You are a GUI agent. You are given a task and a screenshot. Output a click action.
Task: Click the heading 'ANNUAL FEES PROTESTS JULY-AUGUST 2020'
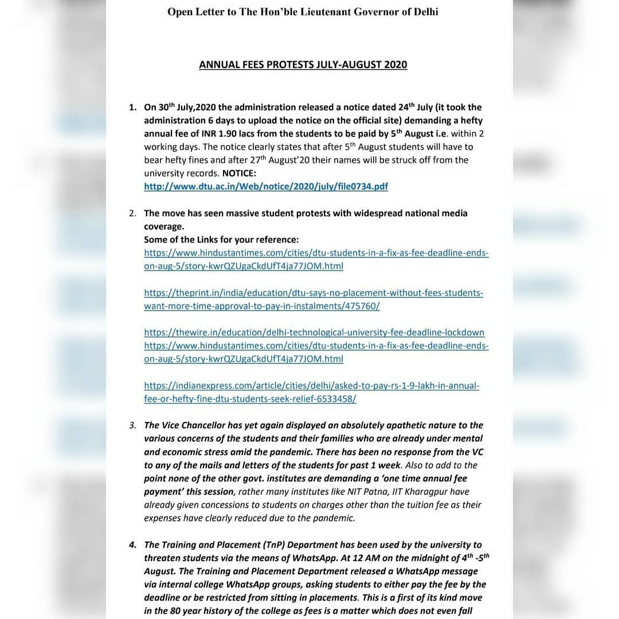pos(303,65)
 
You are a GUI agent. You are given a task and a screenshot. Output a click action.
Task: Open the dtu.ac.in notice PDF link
pos(266,186)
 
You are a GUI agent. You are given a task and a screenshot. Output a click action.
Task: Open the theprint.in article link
pos(314,300)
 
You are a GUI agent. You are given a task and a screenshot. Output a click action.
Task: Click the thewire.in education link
pos(314,332)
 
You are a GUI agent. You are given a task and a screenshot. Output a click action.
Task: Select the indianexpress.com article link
pos(311,393)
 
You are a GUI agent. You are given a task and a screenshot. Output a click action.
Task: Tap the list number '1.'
pos(133,107)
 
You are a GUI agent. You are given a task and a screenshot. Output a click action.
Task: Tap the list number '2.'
pos(133,213)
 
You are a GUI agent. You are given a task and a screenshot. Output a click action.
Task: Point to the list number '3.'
pos(133,425)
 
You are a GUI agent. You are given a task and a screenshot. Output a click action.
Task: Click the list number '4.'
pos(133,545)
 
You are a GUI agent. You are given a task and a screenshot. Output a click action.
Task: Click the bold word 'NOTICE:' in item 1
pos(239,173)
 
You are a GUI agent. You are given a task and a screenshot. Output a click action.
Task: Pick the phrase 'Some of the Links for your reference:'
pos(221,240)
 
